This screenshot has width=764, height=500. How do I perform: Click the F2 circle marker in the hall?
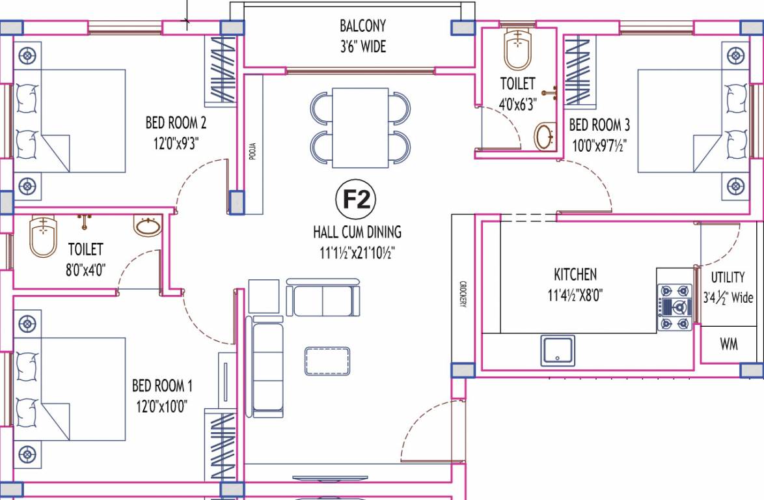pos(356,201)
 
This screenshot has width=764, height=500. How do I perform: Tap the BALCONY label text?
pos(362,26)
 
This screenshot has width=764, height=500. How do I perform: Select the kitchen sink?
pos(558,351)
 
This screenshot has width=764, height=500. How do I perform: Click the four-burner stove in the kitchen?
pos(674,307)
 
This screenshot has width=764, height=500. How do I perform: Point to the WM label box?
pos(729,344)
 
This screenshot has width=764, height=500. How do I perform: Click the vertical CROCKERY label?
pos(463,294)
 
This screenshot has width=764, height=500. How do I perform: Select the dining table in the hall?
pos(361,128)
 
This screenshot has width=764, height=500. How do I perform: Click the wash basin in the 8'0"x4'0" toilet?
pos(148,227)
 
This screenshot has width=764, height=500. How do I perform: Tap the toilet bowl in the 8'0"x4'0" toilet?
pos(43,236)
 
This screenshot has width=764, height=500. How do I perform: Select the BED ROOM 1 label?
pos(162,385)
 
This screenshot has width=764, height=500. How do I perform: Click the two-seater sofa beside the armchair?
pos(323,298)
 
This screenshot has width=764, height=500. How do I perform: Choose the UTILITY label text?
pos(728,277)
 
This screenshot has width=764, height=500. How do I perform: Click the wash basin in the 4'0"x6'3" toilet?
pos(545,137)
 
